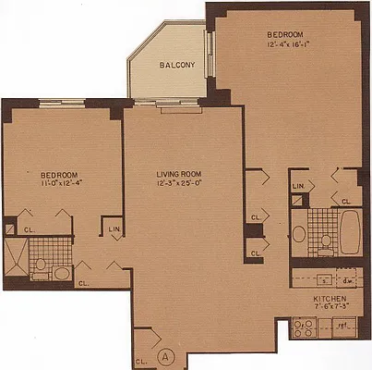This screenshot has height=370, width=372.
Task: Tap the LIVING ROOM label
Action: [x=176, y=171]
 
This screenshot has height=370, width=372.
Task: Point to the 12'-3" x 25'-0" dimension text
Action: [x=176, y=182]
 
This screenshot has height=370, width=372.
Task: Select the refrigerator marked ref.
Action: [x=342, y=327]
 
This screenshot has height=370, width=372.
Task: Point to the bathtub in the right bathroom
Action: [x=352, y=229]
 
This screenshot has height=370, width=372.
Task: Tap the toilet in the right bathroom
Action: [x=325, y=242]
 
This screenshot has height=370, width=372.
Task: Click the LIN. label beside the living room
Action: [x=114, y=229]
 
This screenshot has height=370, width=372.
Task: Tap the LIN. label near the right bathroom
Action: [x=298, y=186]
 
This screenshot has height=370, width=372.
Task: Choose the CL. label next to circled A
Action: [x=140, y=361]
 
